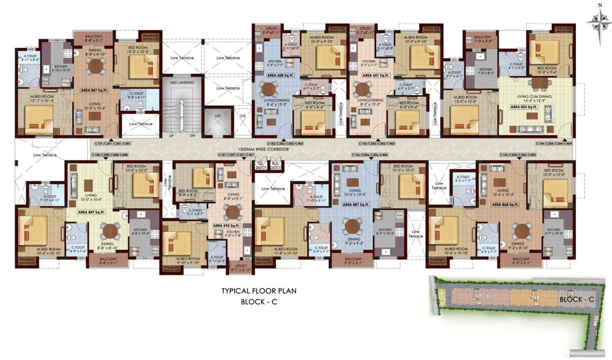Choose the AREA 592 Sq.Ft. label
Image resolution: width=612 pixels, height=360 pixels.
point(227,225)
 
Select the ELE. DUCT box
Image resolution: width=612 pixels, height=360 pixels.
point(275,165)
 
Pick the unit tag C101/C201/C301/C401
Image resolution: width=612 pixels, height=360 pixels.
point(112,143)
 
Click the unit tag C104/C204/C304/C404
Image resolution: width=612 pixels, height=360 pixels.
point(554,143)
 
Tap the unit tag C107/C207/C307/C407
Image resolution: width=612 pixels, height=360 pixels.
point(236,155)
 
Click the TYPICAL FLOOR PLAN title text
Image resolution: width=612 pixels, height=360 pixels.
point(259,291)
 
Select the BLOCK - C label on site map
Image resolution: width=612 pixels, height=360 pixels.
point(576,299)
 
